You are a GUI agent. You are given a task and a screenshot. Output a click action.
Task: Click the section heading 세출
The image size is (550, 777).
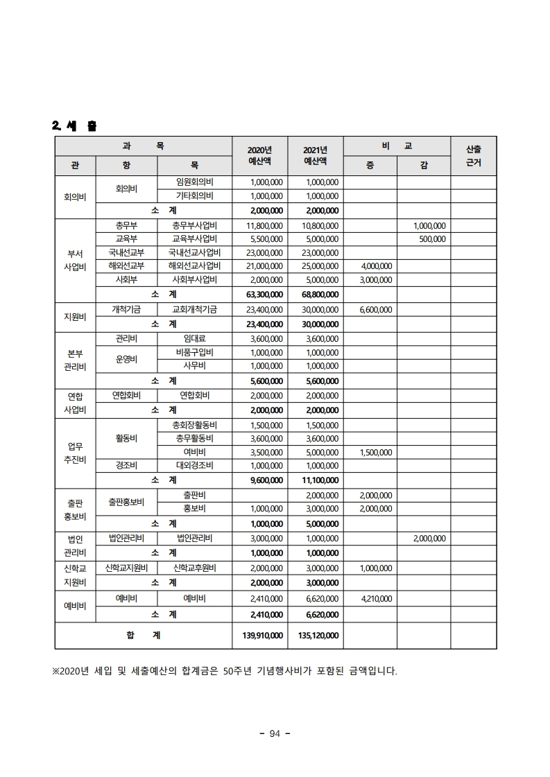point(74,126)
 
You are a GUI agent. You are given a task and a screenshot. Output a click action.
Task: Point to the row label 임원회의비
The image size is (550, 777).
point(194,182)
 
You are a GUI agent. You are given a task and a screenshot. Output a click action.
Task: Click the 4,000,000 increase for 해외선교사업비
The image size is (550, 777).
point(377,265)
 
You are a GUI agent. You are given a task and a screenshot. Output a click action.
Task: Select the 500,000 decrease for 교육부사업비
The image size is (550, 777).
point(432,239)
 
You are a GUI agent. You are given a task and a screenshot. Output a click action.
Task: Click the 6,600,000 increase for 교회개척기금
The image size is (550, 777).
point(377,310)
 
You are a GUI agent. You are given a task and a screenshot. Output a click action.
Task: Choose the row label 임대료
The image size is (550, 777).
point(194,339)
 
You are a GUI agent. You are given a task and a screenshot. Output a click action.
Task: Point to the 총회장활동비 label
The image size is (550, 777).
point(194,425)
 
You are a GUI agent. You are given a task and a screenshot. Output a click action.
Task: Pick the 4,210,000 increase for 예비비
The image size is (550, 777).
point(377,599)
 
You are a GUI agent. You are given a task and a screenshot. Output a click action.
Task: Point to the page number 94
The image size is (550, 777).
point(274,735)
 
